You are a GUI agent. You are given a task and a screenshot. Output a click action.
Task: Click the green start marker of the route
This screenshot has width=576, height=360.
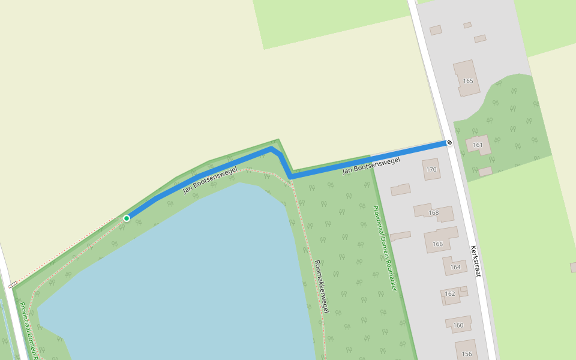127,218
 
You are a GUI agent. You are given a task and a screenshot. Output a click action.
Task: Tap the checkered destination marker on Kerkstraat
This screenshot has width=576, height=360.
449,143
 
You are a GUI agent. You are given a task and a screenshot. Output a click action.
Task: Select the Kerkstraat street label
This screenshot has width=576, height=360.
476,261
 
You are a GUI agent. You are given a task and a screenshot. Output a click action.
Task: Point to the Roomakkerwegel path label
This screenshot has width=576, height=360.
322,287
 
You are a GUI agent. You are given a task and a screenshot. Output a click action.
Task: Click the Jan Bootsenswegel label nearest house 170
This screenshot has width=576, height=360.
371,166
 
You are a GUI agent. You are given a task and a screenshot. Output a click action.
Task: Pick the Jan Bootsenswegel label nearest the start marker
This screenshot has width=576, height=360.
210,180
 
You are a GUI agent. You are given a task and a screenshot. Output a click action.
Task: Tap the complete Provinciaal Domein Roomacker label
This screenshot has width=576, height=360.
385,248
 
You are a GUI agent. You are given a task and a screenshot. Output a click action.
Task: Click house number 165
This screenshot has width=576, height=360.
468,80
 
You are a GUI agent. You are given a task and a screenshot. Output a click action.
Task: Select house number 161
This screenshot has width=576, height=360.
478,145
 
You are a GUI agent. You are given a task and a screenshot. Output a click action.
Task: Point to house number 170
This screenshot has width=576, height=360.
431,170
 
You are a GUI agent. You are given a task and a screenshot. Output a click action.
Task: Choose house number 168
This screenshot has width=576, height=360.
434,212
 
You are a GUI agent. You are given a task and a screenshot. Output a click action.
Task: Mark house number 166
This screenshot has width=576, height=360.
437,244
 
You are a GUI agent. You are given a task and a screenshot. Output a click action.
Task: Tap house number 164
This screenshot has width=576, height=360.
455,267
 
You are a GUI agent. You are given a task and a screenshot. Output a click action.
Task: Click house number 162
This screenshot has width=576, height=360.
450,293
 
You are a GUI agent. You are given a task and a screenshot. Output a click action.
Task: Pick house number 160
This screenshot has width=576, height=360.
458,325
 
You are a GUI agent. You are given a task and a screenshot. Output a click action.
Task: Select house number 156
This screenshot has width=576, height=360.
467,353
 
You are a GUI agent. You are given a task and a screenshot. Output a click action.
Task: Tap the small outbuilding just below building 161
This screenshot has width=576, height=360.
485,172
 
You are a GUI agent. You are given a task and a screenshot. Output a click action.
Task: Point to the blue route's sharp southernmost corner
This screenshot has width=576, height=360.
291,176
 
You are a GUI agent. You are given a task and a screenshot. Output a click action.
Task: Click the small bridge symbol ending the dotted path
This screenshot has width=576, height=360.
13,284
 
